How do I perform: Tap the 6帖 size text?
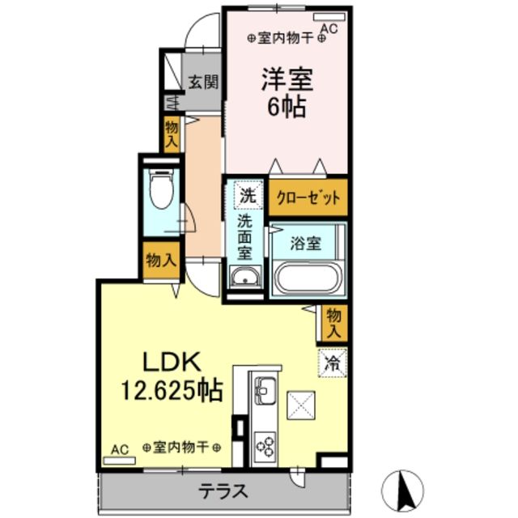(285, 107)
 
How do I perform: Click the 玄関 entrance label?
(202, 82)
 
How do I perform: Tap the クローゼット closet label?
(308, 197)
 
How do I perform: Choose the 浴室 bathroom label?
(307, 243)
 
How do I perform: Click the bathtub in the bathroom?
(307, 279)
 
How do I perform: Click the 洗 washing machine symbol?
(246, 195)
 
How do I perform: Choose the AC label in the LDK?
(119, 450)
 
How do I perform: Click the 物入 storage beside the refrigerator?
(334, 323)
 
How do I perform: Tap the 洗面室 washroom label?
(245, 235)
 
